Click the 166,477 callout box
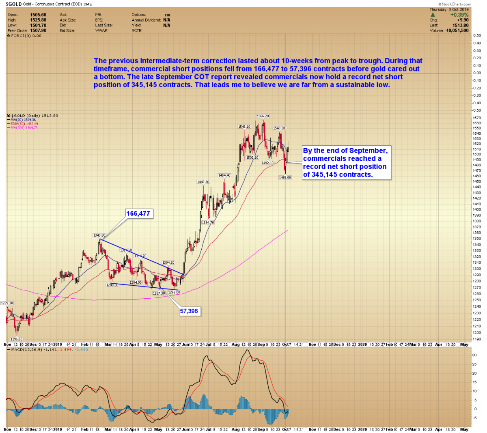point(138,213)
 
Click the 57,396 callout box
point(189,311)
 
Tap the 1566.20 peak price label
point(263,116)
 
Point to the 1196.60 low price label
point(16,339)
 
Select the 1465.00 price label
point(285,177)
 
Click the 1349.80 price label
point(99,235)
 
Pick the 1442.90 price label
point(203,182)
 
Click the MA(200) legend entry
point(24,128)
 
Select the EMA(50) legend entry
point(24,124)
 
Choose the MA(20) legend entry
point(23,120)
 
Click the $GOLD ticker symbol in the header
point(13,4)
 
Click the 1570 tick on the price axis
point(477,118)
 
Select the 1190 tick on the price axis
point(477,339)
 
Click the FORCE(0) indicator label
point(24,36)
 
